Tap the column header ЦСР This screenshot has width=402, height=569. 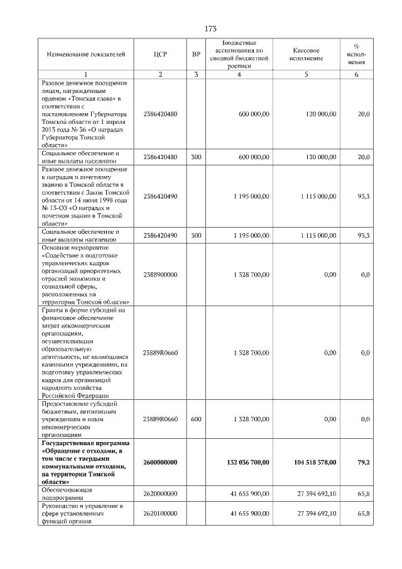pos(160,54)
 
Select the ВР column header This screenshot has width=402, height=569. pos(196,54)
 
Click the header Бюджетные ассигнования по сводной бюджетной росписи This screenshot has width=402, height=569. pos(239,54)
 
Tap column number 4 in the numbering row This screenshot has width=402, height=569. pos(239,75)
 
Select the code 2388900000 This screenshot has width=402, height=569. pos(160,275)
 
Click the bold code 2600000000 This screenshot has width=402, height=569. pos(160,462)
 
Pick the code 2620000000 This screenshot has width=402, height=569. pos(160,494)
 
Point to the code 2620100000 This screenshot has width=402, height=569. pos(160,514)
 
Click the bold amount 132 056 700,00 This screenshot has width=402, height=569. pos(247,462)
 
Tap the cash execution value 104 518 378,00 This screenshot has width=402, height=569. pos(315,462)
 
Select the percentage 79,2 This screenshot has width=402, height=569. pos(364,462)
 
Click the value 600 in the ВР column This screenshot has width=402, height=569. pos(196,418)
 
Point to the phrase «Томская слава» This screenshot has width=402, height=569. pos(90,98)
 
